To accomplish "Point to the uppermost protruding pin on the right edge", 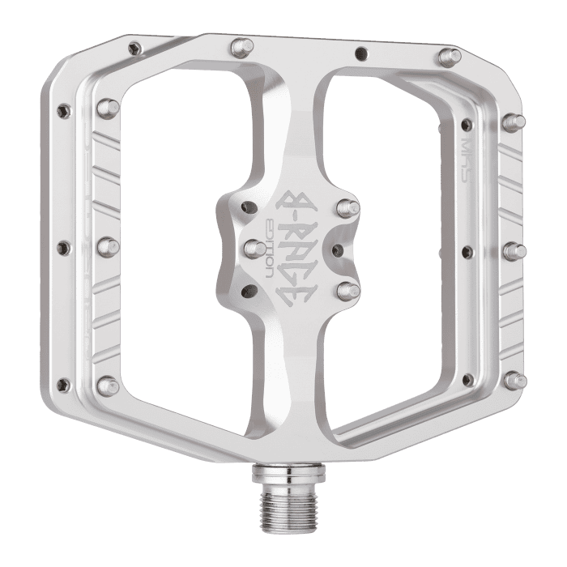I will point(512,122).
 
